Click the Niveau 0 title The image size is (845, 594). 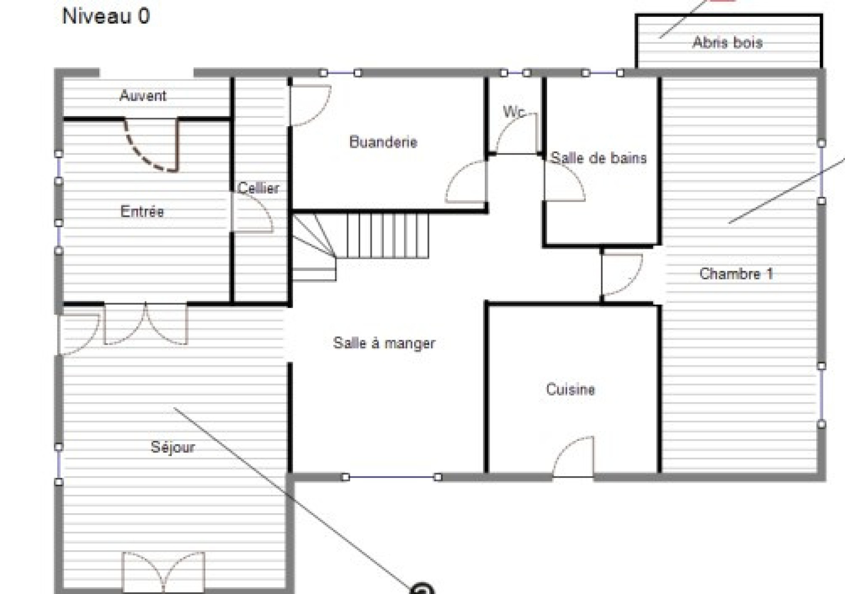pyautogui.click(x=106, y=16)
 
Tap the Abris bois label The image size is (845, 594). pyautogui.click(x=727, y=42)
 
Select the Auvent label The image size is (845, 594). pyautogui.click(x=143, y=96)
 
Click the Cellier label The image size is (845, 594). pyautogui.click(x=258, y=188)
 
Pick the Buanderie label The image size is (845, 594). pyautogui.click(x=383, y=142)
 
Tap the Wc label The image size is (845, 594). pyautogui.click(x=514, y=111)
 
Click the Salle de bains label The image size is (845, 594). pyautogui.click(x=599, y=158)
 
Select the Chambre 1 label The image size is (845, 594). pyautogui.click(x=736, y=274)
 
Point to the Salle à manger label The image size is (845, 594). pyautogui.click(x=384, y=343)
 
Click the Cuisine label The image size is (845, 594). pyautogui.click(x=570, y=389)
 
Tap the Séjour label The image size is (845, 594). pyautogui.click(x=173, y=447)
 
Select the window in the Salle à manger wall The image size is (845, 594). pyautogui.click(x=391, y=477)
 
